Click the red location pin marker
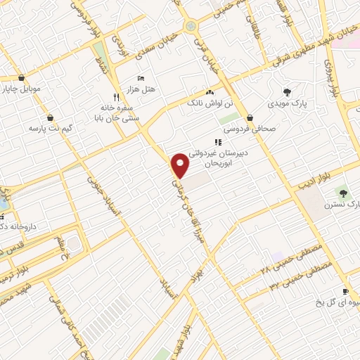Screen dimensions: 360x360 tap(181, 164)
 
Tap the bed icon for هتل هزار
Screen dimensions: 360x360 tap(141, 77)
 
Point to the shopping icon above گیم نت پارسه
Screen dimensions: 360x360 tap(51, 117)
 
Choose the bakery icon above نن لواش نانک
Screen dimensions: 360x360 tap(209, 92)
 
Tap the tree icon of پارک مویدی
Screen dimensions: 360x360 tap(286, 91)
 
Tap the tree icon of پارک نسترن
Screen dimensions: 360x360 tap(343, 192)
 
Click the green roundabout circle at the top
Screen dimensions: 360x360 tap(190, 27)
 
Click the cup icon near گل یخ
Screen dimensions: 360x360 tap(345, 292)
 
